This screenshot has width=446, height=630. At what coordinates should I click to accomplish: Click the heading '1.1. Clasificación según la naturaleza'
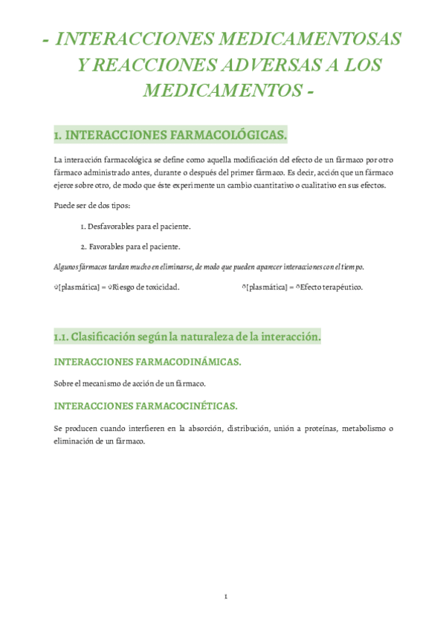coord(187,337)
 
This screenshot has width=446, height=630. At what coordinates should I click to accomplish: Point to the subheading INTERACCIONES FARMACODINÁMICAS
coord(148,362)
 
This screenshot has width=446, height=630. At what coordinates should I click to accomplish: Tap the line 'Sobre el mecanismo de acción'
coord(130,383)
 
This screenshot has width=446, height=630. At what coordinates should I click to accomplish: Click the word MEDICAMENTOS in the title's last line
coord(220,91)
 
